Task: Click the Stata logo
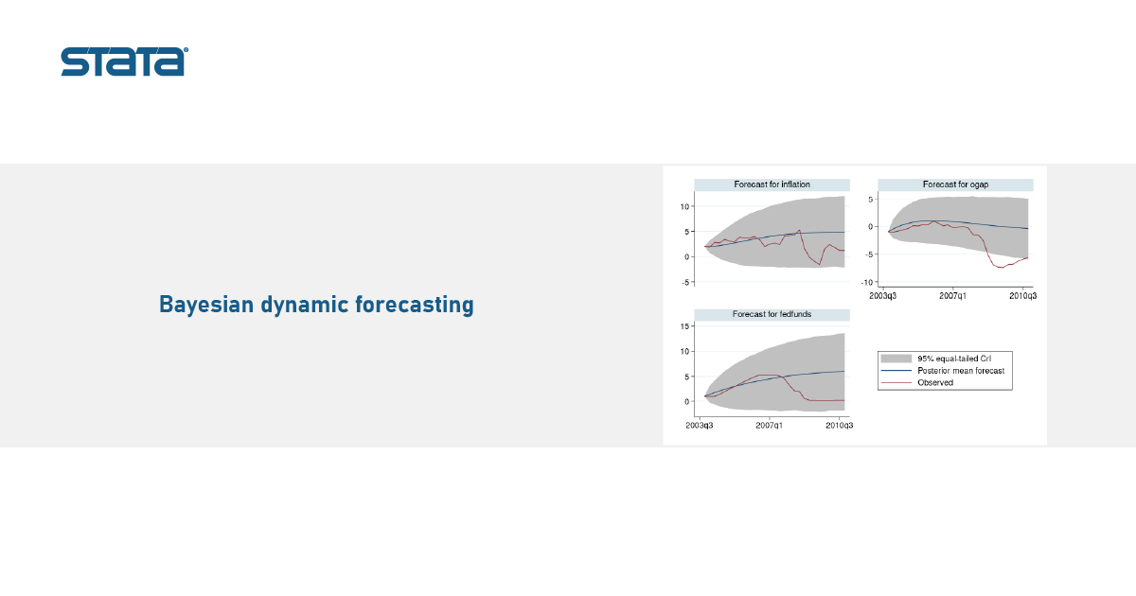tap(125, 61)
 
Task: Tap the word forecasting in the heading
tap(415, 305)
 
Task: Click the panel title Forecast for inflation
tap(772, 184)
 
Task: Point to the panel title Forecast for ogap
tap(955, 184)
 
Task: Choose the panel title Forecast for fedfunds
tap(772, 314)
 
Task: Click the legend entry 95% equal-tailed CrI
tap(954, 359)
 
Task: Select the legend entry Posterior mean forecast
tap(961, 371)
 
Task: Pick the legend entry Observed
tap(935, 382)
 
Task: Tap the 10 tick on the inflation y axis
tap(684, 207)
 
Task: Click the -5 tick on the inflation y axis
tap(686, 282)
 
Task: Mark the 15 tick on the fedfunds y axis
tap(684, 326)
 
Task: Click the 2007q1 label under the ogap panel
tap(952, 296)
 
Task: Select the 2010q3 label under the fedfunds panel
tap(840, 426)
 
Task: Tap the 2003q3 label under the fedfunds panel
tap(700, 426)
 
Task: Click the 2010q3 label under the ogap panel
tap(1023, 296)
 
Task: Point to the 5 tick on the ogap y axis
tap(870, 200)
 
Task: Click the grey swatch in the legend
tap(896, 359)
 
